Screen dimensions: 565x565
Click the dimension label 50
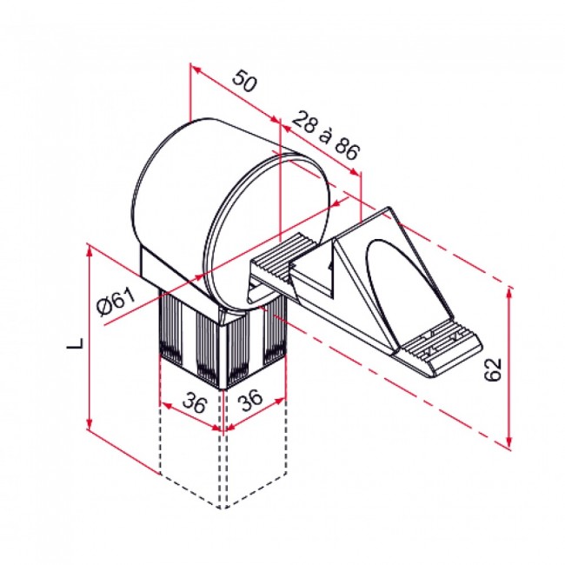tap(245, 83)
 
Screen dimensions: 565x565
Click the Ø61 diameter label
tap(116, 302)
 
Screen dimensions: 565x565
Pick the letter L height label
tap(76, 342)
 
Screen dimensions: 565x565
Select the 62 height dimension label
tap(495, 369)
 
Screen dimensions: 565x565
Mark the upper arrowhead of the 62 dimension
tap(508, 291)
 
